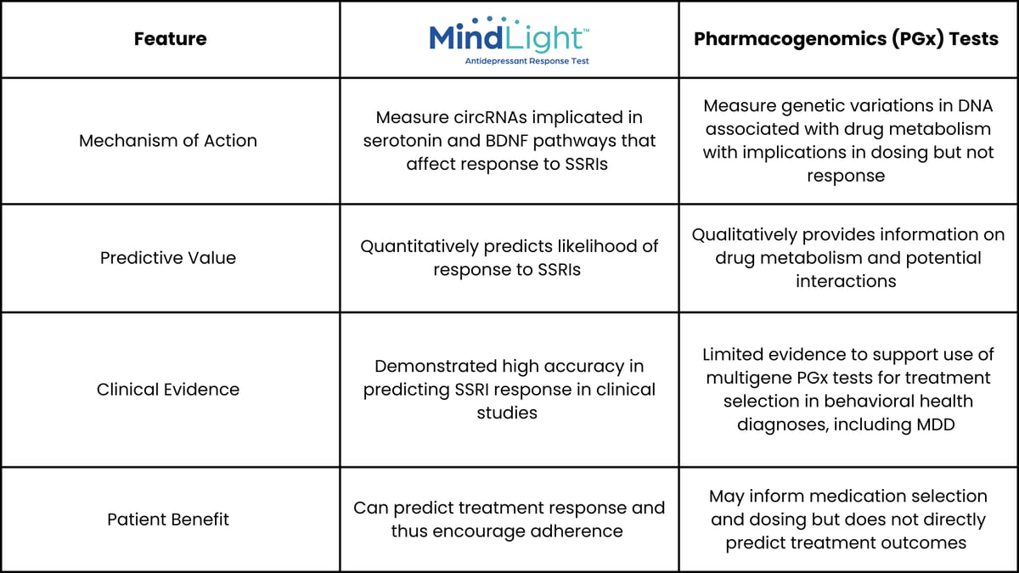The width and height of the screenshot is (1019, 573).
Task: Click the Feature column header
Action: click(170, 39)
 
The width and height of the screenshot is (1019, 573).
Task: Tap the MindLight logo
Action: click(509, 41)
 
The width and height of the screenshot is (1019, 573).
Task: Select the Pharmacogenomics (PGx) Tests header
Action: click(846, 39)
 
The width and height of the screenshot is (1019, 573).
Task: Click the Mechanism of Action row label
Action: click(168, 141)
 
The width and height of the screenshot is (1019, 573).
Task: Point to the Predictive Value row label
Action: click(168, 258)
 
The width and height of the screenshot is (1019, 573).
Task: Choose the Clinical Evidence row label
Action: click(168, 390)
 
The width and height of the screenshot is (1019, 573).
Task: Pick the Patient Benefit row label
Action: click(168, 520)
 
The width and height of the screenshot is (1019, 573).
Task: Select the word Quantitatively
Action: click(419, 246)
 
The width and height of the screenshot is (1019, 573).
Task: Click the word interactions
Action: click(846, 281)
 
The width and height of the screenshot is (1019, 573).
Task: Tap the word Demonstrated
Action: click(436, 366)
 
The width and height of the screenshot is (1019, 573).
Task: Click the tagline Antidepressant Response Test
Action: click(526, 61)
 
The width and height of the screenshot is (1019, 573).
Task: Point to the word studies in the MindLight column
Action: click(507, 413)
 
